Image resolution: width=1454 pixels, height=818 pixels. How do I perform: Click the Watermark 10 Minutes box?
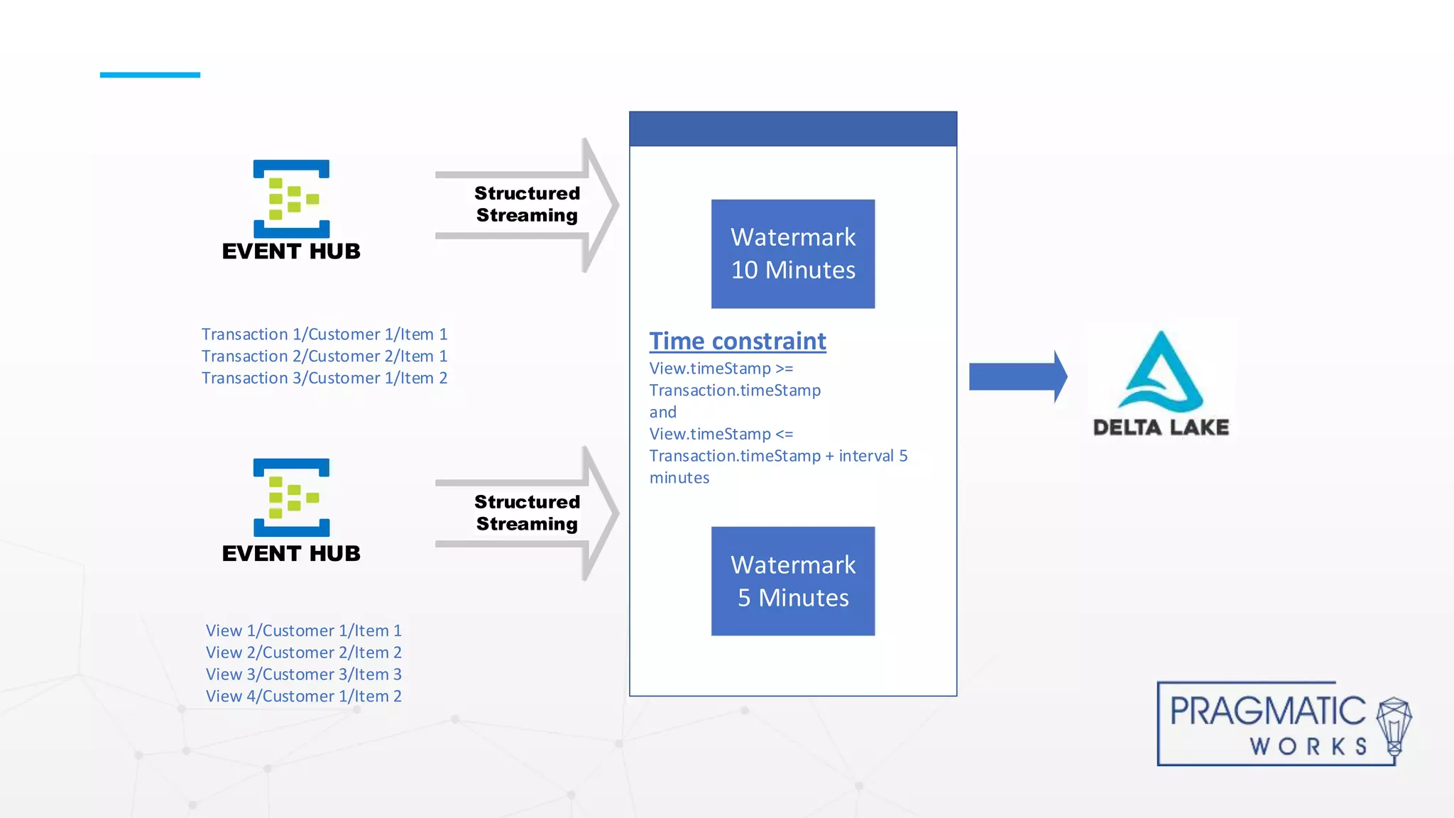pyautogui.click(x=793, y=253)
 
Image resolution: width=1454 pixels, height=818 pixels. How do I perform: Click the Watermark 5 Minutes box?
pyautogui.click(x=793, y=581)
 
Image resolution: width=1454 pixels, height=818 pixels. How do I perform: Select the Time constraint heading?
pyautogui.click(x=738, y=342)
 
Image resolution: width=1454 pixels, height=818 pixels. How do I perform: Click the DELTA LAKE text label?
pyautogui.click(x=1161, y=427)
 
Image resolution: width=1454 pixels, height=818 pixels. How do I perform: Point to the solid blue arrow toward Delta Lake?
pyautogui.click(x=1017, y=376)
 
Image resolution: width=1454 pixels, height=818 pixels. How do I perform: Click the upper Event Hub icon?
pyautogui.click(x=291, y=199)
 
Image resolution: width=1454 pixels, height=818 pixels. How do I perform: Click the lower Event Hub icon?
pyautogui.click(x=291, y=497)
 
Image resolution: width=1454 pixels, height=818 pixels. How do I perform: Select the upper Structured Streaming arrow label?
pyautogui.click(x=527, y=204)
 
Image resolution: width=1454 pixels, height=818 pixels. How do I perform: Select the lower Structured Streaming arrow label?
pyautogui.click(x=527, y=513)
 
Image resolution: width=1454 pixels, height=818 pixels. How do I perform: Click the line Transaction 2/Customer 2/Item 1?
pyautogui.click(x=324, y=356)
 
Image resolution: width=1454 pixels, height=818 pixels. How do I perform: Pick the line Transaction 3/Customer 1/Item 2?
pyautogui.click(x=324, y=378)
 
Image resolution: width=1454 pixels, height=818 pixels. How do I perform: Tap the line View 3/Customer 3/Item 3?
pyautogui.click(x=304, y=675)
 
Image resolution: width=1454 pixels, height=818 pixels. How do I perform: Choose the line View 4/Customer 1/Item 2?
pyautogui.click(x=304, y=697)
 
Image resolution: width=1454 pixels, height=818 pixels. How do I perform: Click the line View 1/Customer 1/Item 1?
pyautogui.click(x=304, y=631)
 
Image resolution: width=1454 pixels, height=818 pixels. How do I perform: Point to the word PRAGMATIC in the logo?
pyautogui.click(x=1267, y=711)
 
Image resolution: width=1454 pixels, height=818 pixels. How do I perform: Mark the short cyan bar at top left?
pyautogui.click(x=150, y=75)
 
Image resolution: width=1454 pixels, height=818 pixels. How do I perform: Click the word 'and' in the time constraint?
pyautogui.click(x=662, y=413)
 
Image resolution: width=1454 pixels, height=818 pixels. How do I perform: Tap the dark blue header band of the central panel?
pyautogui.click(x=793, y=129)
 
